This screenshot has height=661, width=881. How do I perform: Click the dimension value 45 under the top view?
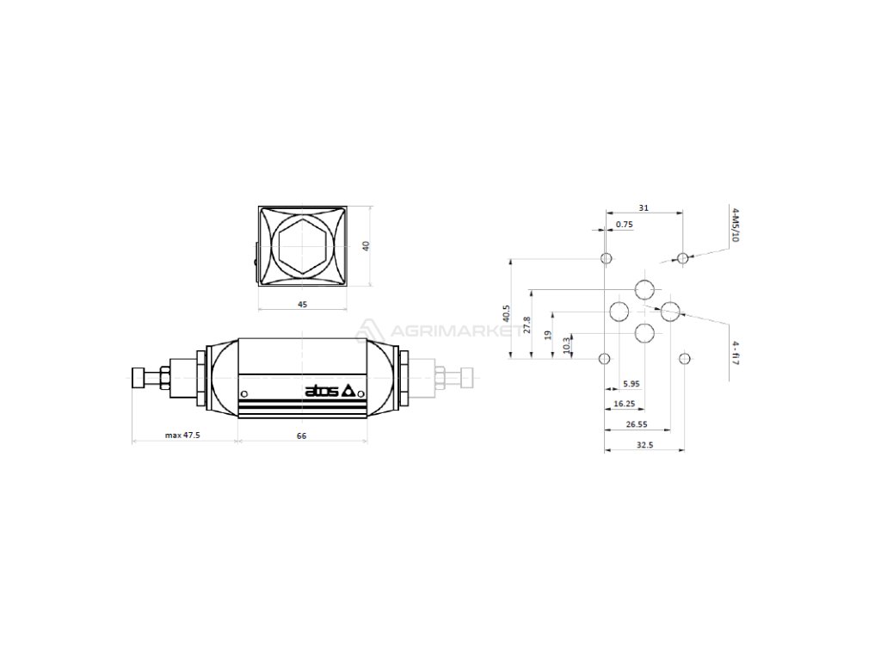[x=302, y=304]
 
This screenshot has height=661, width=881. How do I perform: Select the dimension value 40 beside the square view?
[x=366, y=246]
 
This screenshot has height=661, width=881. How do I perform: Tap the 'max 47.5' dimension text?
[x=182, y=436]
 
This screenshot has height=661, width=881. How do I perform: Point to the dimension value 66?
[x=301, y=436]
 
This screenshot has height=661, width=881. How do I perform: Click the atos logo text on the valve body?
[x=322, y=392]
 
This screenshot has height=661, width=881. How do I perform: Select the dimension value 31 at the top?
[x=644, y=207]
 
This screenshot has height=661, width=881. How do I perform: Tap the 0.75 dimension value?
[x=625, y=225]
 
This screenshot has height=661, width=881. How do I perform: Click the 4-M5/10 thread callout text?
[x=734, y=225]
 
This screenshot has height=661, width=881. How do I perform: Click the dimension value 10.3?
[x=566, y=345]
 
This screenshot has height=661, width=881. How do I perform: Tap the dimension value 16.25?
[x=625, y=403]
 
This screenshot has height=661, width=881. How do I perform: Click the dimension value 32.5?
[x=644, y=445]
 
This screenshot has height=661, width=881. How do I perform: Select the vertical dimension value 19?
[x=548, y=334]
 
